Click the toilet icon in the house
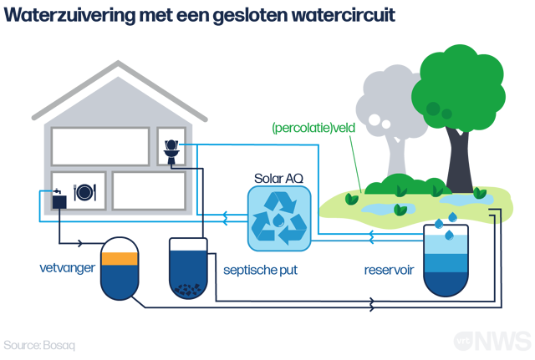[x=171, y=149]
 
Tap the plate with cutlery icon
[x=85, y=191]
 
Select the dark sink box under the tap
[x=59, y=200]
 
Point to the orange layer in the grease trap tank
[x=119, y=258]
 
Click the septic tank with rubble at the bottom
[x=190, y=268]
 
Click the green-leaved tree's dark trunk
[x=459, y=159]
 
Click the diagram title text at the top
[x=199, y=16]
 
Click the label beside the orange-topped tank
[x=64, y=268]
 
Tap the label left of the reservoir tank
[x=388, y=269]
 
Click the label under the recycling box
[x=260, y=269]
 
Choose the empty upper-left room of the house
[x=100, y=146]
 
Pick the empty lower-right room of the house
[x=148, y=191]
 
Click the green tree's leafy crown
[x=458, y=84]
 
